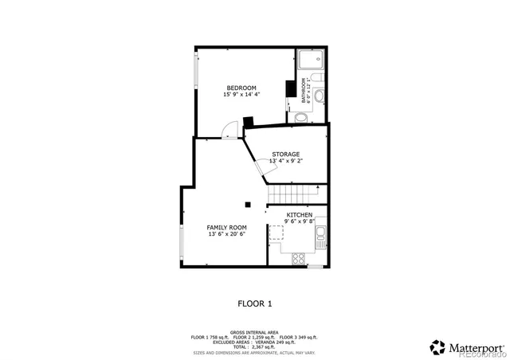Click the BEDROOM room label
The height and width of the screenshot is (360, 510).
(x=241, y=88)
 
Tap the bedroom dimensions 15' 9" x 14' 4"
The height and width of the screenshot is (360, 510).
(x=241, y=95)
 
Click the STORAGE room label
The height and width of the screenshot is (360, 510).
(x=285, y=154)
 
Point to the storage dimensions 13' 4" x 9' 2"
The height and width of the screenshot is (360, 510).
(x=285, y=161)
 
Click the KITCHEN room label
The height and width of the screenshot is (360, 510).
(x=300, y=214)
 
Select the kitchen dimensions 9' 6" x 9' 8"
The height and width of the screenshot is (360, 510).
(x=300, y=221)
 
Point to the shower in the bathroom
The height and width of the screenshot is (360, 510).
(x=312, y=59)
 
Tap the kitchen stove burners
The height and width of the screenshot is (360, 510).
(x=300, y=258)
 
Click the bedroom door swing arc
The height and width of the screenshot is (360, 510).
(x=229, y=128)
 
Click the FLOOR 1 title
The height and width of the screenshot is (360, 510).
(x=255, y=303)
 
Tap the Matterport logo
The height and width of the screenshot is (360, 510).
(x=468, y=346)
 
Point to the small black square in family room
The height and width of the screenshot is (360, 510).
(x=249, y=204)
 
